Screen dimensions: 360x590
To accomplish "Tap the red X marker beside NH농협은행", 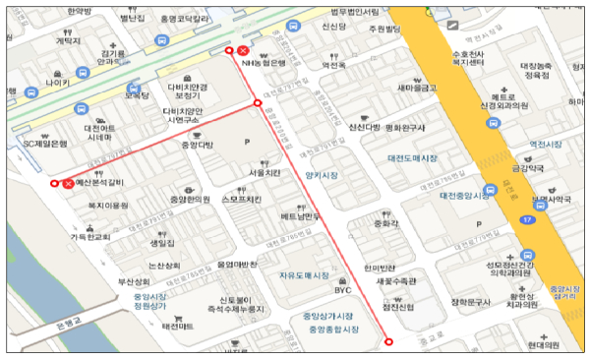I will [243, 49].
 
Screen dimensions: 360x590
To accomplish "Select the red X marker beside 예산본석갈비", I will [68, 183].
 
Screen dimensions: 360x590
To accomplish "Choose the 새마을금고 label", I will [415, 88].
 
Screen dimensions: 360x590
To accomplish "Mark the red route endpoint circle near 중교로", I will [388, 341].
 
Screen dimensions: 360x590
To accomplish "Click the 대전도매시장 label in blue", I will [412, 157].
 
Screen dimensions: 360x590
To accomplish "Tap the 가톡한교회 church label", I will [89, 237].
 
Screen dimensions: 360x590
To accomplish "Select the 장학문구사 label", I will [469, 302].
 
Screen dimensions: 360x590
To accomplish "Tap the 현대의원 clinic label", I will [542, 345].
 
